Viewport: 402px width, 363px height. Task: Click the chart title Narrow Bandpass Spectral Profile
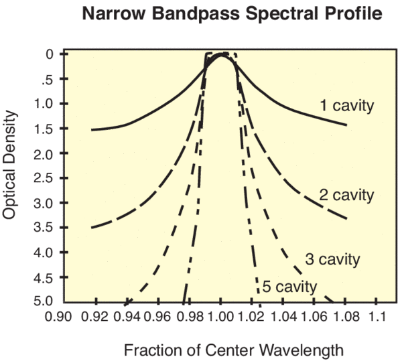pos(232,13)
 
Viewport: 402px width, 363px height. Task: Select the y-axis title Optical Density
pos(9,165)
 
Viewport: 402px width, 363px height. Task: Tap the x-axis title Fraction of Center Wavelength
pos(234,350)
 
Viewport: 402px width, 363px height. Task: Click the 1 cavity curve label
pos(347,106)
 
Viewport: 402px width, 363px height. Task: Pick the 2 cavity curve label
pos(346,196)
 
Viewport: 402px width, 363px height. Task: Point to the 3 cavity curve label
pos(332,259)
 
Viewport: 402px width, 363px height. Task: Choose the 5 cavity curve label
pos(289,287)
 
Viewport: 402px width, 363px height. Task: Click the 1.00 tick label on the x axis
pos(220,317)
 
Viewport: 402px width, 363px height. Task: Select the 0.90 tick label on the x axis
pos(58,317)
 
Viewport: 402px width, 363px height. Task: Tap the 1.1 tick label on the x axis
pos(377,317)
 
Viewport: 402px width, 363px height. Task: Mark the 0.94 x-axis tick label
pos(127,317)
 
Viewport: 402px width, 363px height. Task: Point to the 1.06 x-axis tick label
pos(314,317)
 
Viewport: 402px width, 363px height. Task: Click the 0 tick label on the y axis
pos(50,54)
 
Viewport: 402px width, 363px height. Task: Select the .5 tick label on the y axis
pos(48,79)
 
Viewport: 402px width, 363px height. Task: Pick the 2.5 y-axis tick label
pos(44,178)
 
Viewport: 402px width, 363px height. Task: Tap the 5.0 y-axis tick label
pos(44,301)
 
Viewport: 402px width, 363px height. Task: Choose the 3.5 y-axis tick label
pos(44,228)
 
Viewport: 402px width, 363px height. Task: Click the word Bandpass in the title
pos(196,14)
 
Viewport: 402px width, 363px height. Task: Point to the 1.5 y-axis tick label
pos(44,129)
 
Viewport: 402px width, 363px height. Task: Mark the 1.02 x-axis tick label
pos(251,317)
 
